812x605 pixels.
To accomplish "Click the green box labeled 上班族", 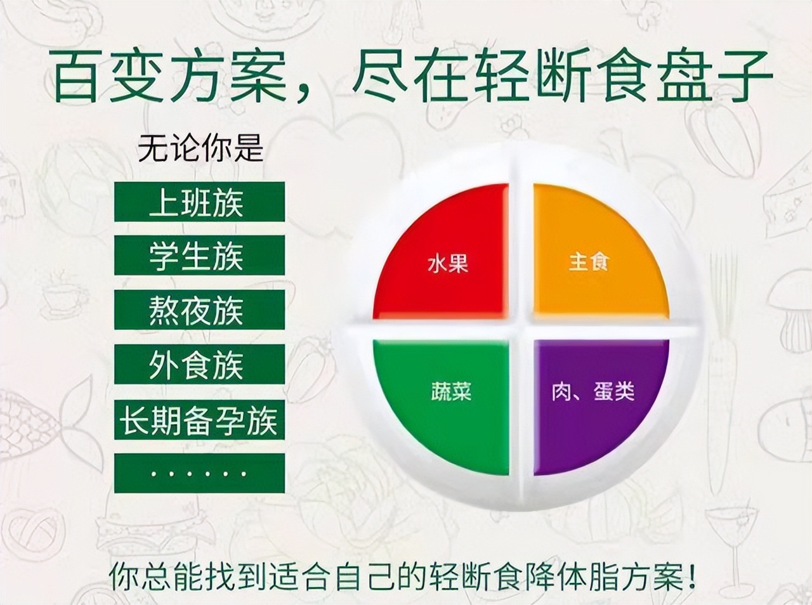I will click(x=199, y=202).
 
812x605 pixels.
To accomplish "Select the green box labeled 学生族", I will click(x=199, y=256).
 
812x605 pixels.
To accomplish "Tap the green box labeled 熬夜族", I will click(x=199, y=310).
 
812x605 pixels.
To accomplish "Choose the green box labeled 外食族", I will click(x=199, y=365).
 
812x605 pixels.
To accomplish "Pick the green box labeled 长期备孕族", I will click(x=199, y=419).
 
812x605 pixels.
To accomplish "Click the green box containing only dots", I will click(x=199, y=473).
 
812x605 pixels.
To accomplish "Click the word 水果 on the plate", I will click(x=448, y=263).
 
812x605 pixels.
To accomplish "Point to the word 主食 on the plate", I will click(x=588, y=261).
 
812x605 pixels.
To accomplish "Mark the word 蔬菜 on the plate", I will click(x=450, y=391).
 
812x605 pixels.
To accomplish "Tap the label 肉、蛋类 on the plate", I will click(x=593, y=391).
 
